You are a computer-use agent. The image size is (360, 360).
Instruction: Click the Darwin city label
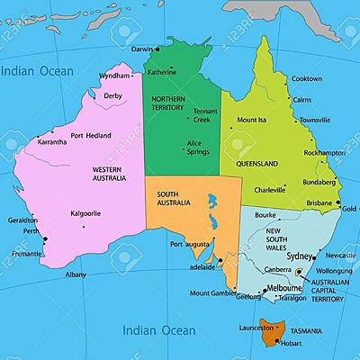coord(142,49)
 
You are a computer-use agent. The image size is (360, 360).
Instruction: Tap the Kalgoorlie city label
coord(86,213)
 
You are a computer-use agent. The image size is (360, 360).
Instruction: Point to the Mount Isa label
coord(251,120)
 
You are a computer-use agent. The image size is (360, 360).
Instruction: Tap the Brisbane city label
coord(319,203)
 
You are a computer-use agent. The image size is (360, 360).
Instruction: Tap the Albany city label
coord(76,274)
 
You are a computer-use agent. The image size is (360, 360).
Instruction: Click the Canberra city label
coord(277,269)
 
